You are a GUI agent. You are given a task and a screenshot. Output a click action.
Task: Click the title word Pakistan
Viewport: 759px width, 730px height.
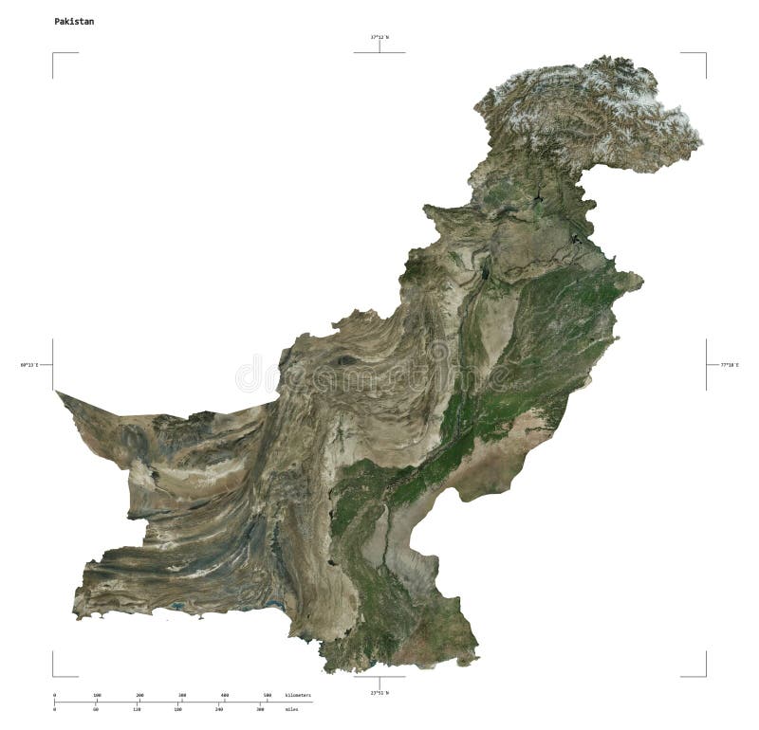[74, 20]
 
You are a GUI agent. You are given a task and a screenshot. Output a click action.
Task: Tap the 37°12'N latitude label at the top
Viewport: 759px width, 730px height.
[379, 37]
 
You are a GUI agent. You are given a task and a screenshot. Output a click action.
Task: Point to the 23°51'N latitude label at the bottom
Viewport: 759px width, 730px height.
[379, 693]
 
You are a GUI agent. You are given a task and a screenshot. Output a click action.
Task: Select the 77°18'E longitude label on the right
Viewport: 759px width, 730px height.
[730, 364]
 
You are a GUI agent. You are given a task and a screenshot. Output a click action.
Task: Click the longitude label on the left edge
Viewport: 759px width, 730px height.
[28, 364]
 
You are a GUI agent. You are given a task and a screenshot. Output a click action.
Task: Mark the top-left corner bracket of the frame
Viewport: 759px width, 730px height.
[54, 54]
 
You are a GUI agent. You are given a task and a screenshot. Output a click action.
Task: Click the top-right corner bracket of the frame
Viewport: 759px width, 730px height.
[705, 54]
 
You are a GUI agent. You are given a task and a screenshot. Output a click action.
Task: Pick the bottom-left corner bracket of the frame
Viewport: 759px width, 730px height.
[54, 675]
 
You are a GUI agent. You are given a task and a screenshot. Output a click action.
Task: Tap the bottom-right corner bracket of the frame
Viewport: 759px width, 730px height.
[705, 675]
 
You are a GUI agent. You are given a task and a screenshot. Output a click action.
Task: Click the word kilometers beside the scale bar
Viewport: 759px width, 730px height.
[298, 695]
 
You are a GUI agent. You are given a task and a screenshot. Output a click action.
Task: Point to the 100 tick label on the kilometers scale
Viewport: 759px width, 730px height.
[97, 695]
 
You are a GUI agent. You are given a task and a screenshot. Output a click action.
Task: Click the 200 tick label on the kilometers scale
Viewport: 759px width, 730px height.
[139, 695]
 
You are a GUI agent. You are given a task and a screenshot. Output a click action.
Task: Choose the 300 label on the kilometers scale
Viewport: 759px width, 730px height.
[182, 695]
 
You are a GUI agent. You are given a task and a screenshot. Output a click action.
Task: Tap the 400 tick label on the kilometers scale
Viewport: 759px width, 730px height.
[225, 695]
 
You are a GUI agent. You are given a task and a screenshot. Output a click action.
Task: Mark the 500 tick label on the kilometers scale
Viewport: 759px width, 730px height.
[268, 695]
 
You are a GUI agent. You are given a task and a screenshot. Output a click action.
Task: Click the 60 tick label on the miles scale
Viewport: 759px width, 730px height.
[96, 709]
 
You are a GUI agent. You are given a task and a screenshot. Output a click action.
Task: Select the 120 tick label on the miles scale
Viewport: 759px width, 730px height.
[137, 709]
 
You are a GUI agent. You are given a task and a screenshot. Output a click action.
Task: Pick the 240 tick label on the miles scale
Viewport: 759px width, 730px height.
[219, 709]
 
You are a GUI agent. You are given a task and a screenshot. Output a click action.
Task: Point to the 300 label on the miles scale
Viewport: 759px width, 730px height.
[260, 709]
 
